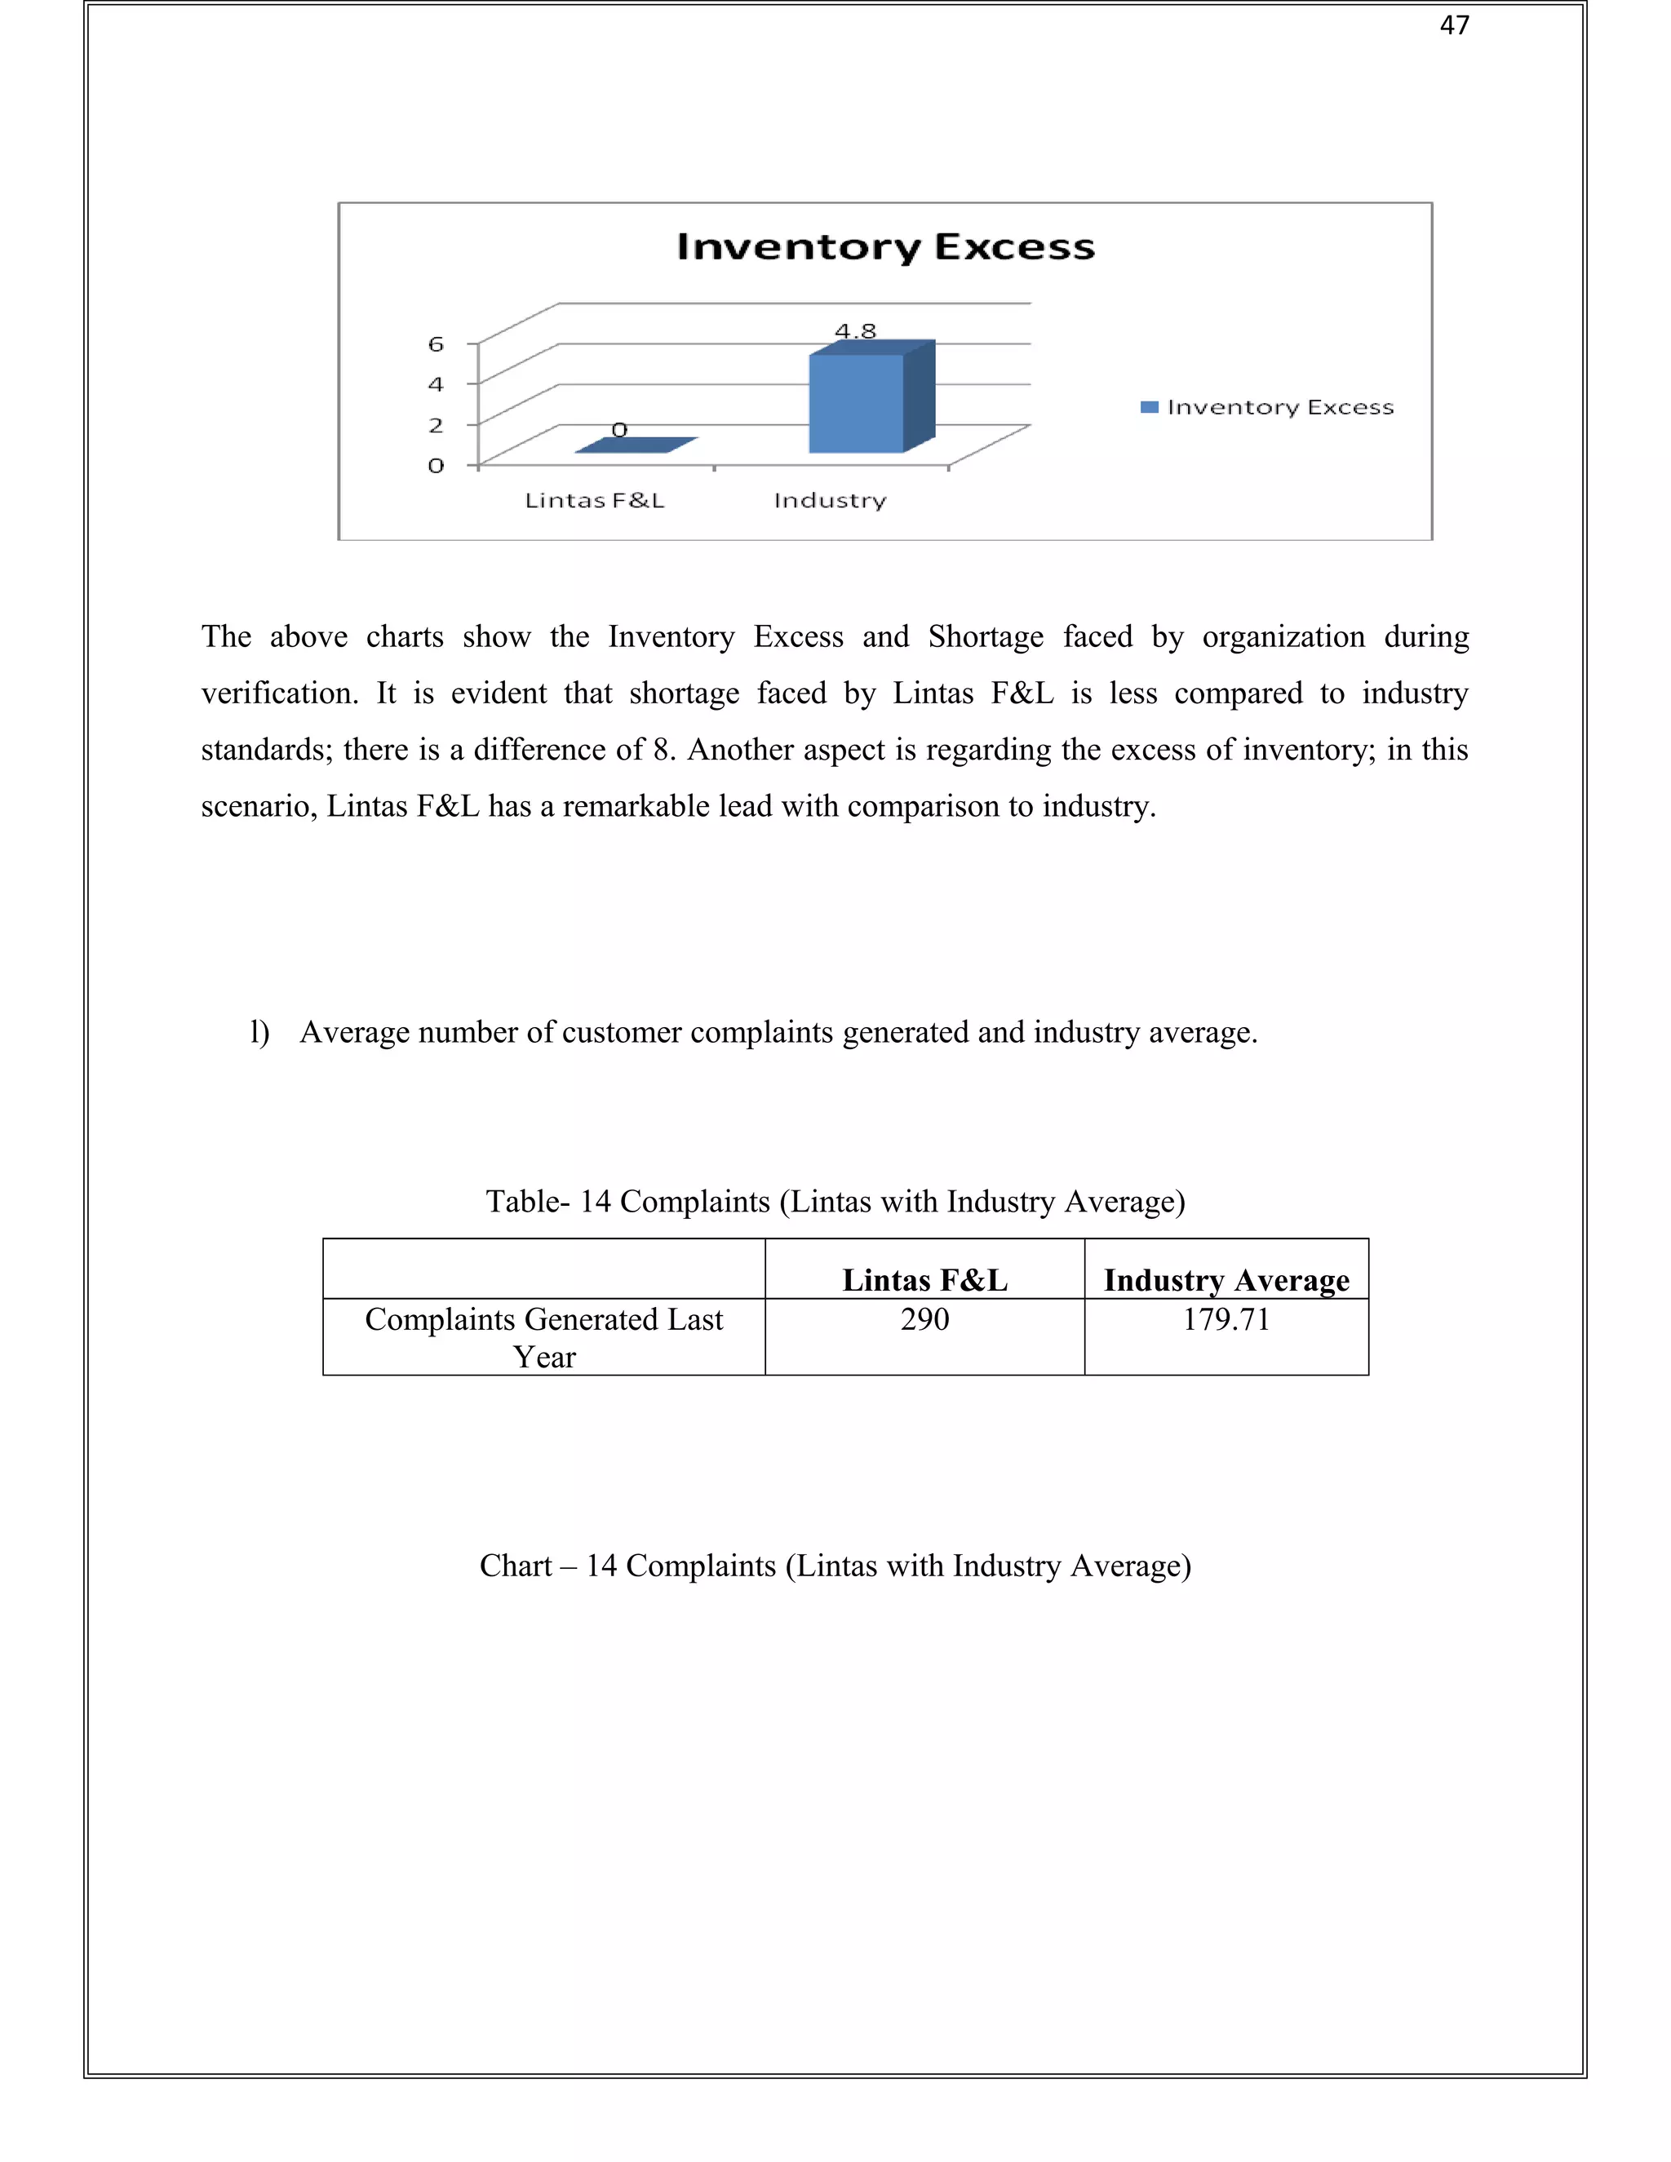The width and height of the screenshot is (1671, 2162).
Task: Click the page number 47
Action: pos(1453,26)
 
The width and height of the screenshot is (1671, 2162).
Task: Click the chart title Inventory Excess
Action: pos(885,246)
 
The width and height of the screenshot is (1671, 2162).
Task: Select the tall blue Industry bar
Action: pos(856,403)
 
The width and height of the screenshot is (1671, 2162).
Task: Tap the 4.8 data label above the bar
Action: pos(855,330)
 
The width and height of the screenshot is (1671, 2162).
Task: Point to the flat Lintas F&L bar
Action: pos(636,445)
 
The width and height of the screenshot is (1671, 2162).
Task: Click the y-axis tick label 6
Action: pos(436,344)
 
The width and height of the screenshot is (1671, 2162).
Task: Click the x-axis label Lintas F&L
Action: pos(594,501)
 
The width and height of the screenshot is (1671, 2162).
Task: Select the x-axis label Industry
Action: pos(830,501)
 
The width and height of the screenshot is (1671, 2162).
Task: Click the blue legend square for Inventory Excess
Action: pos(1150,407)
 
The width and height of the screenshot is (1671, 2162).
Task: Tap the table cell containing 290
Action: pos(924,1319)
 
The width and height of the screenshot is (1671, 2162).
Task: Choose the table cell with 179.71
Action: pos(1226,1319)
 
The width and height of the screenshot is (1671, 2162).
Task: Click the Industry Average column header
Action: pos(1226,1280)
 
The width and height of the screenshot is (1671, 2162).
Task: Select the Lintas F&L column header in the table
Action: pos(924,1280)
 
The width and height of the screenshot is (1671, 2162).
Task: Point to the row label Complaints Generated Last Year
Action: pos(543,1337)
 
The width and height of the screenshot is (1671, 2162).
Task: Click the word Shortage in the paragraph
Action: pos(985,636)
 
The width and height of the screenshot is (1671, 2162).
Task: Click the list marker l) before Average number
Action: pos(259,1033)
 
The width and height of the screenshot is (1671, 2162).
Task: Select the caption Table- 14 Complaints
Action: pos(835,1202)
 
